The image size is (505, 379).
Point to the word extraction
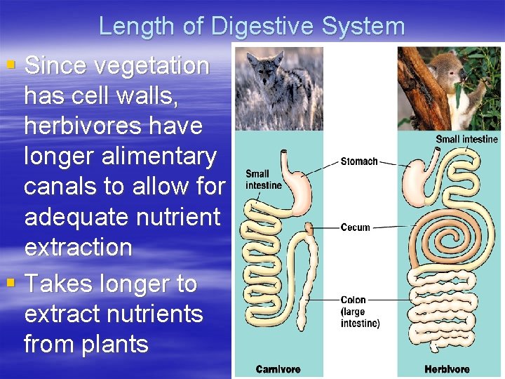coord(78,247)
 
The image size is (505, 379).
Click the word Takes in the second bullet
coord(58,284)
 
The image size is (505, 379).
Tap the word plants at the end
coord(114,345)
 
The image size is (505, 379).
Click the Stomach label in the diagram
coord(358,161)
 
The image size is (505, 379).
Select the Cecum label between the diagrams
coord(355,227)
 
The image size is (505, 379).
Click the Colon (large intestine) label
coord(360,312)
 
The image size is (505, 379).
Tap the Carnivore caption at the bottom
coord(278,369)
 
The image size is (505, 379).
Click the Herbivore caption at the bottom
coord(447,369)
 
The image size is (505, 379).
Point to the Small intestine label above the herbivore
coord(466,139)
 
